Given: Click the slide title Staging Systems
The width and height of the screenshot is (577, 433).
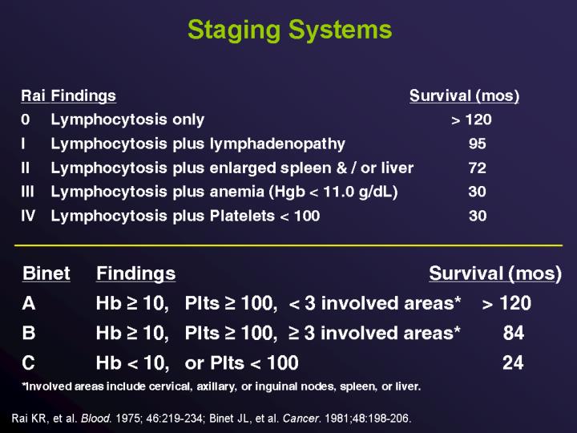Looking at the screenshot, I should pyautogui.click(x=289, y=30).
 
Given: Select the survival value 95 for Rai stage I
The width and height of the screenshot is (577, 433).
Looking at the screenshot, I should pyautogui.click(x=477, y=144).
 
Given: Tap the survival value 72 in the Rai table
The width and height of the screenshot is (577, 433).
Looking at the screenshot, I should pyautogui.click(x=477, y=168).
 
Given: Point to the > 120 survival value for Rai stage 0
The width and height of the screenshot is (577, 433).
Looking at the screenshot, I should pyautogui.click(x=470, y=120).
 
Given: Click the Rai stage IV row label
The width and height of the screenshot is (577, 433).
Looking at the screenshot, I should pyautogui.click(x=29, y=216).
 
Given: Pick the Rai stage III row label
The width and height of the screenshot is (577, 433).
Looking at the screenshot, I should pyautogui.click(x=28, y=192).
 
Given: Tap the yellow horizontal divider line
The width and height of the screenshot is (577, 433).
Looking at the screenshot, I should pyautogui.click(x=288, y=243).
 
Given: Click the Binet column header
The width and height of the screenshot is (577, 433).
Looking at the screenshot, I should pyautogui.click(x=46, y=273).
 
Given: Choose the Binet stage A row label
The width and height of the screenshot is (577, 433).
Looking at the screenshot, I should pyautogui.click(x=29, y=304).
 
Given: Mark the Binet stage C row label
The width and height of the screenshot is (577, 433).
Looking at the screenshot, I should pyautogui.click(x=29, y=363).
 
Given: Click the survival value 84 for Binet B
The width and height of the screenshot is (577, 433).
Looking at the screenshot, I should pyautogui.click(x=513, y=334).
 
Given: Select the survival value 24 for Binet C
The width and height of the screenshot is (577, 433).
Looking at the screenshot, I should pyautogui.click(x=513, y=363).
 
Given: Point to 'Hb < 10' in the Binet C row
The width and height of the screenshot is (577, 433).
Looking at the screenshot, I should pyautogui.click(x=132, y=363).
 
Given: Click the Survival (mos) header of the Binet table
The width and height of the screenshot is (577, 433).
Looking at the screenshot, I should pyautogui.click(x=494, y=273).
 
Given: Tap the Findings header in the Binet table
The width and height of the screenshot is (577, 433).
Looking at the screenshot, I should pyautogui.click(x=135, y=273).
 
